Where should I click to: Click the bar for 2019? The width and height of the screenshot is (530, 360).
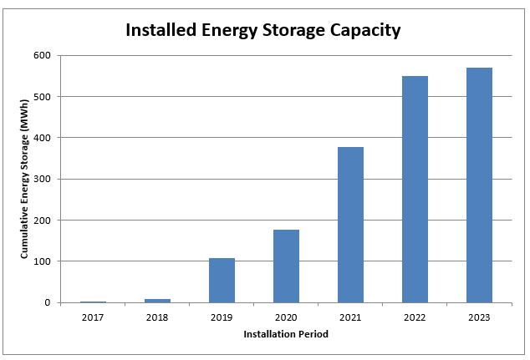[x=222, y=281]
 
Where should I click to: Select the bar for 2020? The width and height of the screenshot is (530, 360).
[x=286, y=266]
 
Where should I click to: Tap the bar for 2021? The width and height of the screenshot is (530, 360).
[x=350, y=225]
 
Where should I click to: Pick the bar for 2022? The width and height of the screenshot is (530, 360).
[x=415, y=190]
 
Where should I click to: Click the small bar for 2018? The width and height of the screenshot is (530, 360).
[x=157, y=300]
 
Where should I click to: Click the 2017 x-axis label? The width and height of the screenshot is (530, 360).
[x=93, y=317]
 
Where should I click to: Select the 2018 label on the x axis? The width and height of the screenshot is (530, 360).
[x=157, y=317]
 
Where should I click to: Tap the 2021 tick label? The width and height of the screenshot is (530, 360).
[x=350, y=317]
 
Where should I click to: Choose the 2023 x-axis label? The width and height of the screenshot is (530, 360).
[x=479, y=317]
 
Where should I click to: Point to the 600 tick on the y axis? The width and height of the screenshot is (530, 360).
[x=43, y=55]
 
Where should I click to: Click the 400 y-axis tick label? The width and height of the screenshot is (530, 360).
[x=43, y=138]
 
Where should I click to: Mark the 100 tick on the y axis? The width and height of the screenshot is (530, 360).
[x=43, y=261]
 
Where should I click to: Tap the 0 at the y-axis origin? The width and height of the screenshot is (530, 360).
[x=48, y=302]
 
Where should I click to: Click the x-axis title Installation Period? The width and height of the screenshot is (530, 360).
[x=286, y=334]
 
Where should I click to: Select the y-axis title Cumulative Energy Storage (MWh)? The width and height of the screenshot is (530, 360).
[x=25, y=179]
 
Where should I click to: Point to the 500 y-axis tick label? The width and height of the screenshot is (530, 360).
[x=43, y=97]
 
